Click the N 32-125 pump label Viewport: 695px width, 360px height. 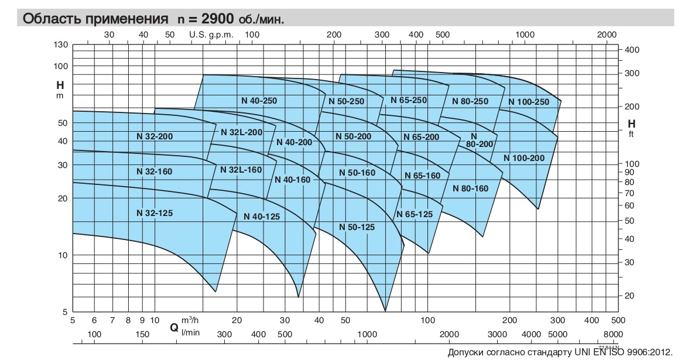(155, 213)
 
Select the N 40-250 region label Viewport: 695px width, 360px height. (259, 101)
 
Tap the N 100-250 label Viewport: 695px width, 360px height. (529, 102)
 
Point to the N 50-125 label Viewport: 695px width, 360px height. (357, 227)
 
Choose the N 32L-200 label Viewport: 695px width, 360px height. (242, 132)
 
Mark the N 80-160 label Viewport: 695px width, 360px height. (470, 188)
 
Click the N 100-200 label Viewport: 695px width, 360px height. (525, 158)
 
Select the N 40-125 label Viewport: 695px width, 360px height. (262, 217)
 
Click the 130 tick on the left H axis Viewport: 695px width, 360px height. (62, 44)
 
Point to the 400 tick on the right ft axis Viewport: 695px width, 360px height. (632, 50)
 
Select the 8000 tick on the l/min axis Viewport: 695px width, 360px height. (611, 334)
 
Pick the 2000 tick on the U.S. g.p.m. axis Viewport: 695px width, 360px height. (607, 35)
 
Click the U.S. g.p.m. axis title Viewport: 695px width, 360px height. (211, 35)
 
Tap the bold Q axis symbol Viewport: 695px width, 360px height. (174, 327)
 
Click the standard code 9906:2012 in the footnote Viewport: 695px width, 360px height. (649, 352)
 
